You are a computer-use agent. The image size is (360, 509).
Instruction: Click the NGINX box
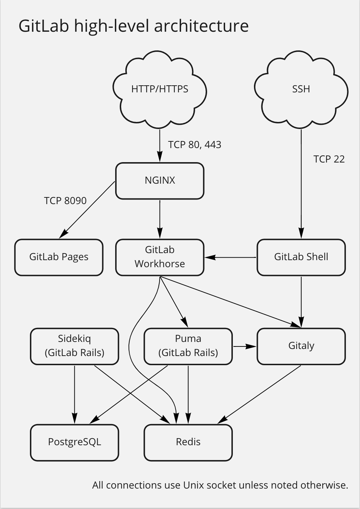[160, 180]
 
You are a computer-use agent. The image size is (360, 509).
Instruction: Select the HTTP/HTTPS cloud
[160, 89]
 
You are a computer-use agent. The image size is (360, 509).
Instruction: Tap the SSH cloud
[301, 89]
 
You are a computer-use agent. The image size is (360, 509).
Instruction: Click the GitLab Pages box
[59, 257]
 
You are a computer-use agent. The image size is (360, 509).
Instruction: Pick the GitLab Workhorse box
[160, 257]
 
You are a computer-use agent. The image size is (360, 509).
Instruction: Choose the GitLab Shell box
[301, 257]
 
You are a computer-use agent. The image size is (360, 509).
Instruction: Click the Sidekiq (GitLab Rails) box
[74, 346]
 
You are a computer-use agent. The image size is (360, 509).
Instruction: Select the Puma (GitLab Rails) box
[188, 346]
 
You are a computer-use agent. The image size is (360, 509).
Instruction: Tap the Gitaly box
[301, 346]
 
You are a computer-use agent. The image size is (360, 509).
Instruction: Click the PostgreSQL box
[74, 442]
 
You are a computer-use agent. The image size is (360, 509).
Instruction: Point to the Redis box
[188, 442]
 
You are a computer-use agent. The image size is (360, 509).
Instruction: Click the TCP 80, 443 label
[194, 145]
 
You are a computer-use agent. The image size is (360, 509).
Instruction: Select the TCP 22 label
[329, 159]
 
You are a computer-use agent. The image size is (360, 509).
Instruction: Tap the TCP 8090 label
[65, 201]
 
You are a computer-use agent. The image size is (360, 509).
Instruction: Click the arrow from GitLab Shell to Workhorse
[231, 257]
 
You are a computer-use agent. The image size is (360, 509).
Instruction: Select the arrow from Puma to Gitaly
[245, 347]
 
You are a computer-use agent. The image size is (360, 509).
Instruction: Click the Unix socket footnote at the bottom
[220, 485]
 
